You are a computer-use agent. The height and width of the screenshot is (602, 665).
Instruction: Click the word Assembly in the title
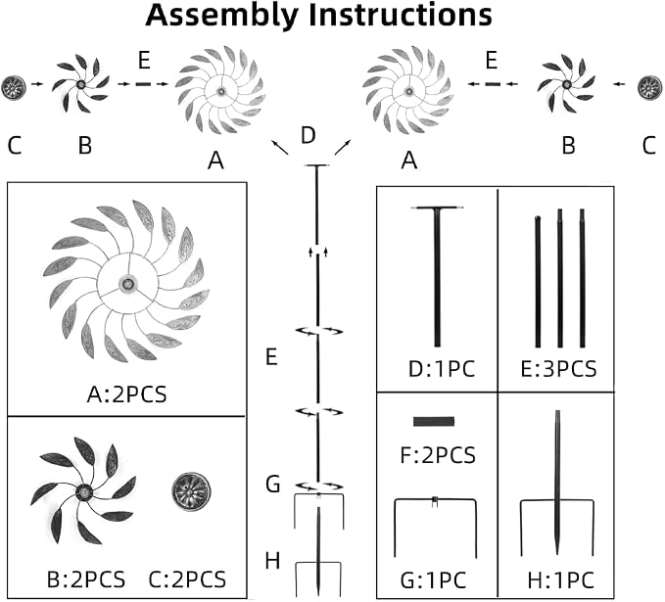[221, 16]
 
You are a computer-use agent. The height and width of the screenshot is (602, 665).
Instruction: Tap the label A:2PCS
[126, 394]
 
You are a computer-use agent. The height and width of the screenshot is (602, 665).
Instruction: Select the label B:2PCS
[86, 579]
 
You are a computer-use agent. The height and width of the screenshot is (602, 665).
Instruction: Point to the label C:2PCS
[187, 579]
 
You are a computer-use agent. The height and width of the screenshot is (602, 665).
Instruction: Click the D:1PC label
[442, 369]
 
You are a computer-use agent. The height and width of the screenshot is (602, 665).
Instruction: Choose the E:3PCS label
[558, 369]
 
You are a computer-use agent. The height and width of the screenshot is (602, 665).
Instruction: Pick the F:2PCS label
[438, 456]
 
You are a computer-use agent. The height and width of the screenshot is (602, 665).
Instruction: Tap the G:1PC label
[434, 580]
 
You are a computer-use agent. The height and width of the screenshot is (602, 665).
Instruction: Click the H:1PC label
[560, 580]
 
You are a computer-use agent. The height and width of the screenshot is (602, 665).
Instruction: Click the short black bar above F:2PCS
[434, 421]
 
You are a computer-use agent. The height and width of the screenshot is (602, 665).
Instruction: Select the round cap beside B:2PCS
[191, 491]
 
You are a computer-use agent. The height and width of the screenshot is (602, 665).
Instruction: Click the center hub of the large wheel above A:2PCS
[126, 284]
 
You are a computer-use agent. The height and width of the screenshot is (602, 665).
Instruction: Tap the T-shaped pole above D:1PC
[437, 276]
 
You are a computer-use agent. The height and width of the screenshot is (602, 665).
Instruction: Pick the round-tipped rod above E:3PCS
[538, 282]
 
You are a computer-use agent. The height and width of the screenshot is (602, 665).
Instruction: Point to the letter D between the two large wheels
[309, 136]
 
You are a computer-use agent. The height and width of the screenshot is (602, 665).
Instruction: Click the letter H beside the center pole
[272, 561]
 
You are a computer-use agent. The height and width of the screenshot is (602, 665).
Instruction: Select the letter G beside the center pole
[273, 485]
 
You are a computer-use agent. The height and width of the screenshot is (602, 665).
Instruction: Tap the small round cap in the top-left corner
[14, 88]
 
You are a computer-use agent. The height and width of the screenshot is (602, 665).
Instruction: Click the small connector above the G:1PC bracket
[434, 501]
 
